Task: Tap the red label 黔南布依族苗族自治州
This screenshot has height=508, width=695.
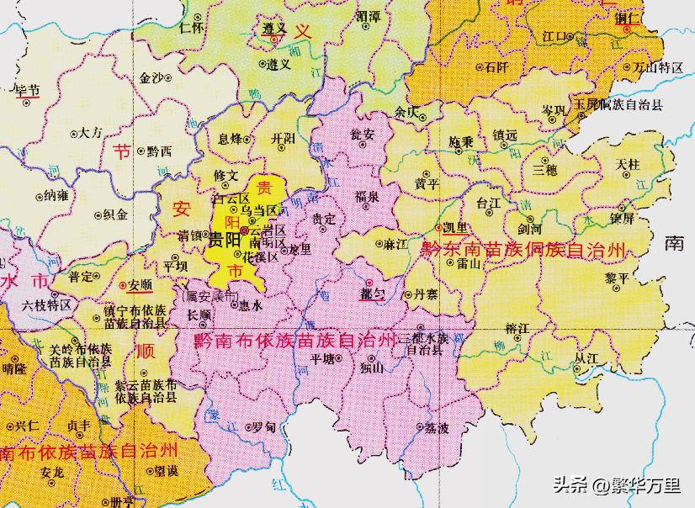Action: pyautogui.click(x=294, y=340)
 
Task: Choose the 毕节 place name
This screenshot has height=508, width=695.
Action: pyautogui.click(x=28, y=90)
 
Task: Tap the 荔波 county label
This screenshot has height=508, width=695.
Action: pyautogui.click(x=437, y=428)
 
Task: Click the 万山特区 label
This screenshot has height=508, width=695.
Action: pyautogui.click(x=658, y=67)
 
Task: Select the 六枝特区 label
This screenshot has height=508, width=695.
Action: pyautogui.click(x=47, y=304)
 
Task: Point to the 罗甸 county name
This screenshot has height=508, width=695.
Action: pyautogui.click(x=263, y=427)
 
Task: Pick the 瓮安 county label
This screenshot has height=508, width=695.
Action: pyautogui.click(x=363, y=134)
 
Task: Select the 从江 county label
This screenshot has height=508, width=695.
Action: pyautogui.click(x=586, y=357)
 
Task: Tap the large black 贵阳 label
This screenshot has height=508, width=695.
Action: pyautogui.click(x=224, y=240)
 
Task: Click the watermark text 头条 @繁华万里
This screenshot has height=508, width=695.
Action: pyautogui.click(x=617, y=485)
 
